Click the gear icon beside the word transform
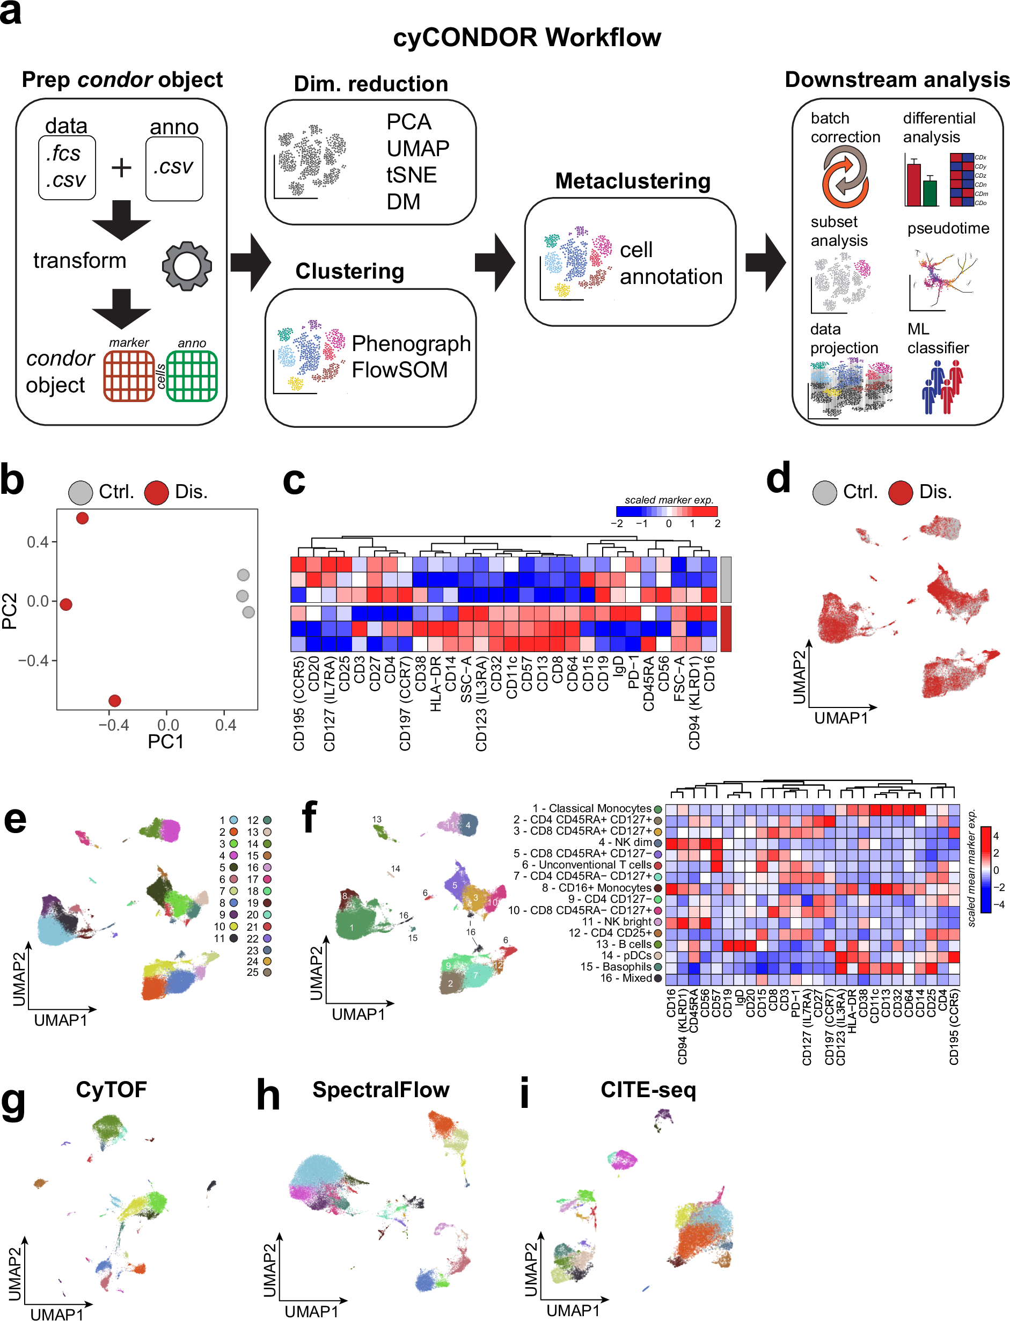[186, 266]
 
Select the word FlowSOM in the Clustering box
[400, 370]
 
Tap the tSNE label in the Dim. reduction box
[411, 175]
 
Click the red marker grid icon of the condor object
[129, 376]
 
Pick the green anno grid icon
[191, 376]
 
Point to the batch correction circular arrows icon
[845, 178]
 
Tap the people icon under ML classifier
[942, 386]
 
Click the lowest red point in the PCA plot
[115, 700]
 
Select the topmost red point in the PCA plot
[82, 519]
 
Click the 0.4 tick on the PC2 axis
[37, 542]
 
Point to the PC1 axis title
[165, 741]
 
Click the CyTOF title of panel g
[111, 1090]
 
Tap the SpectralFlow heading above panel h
[380, 1090]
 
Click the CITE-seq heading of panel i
[648, 1090]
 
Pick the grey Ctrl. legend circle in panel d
[824, 492]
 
